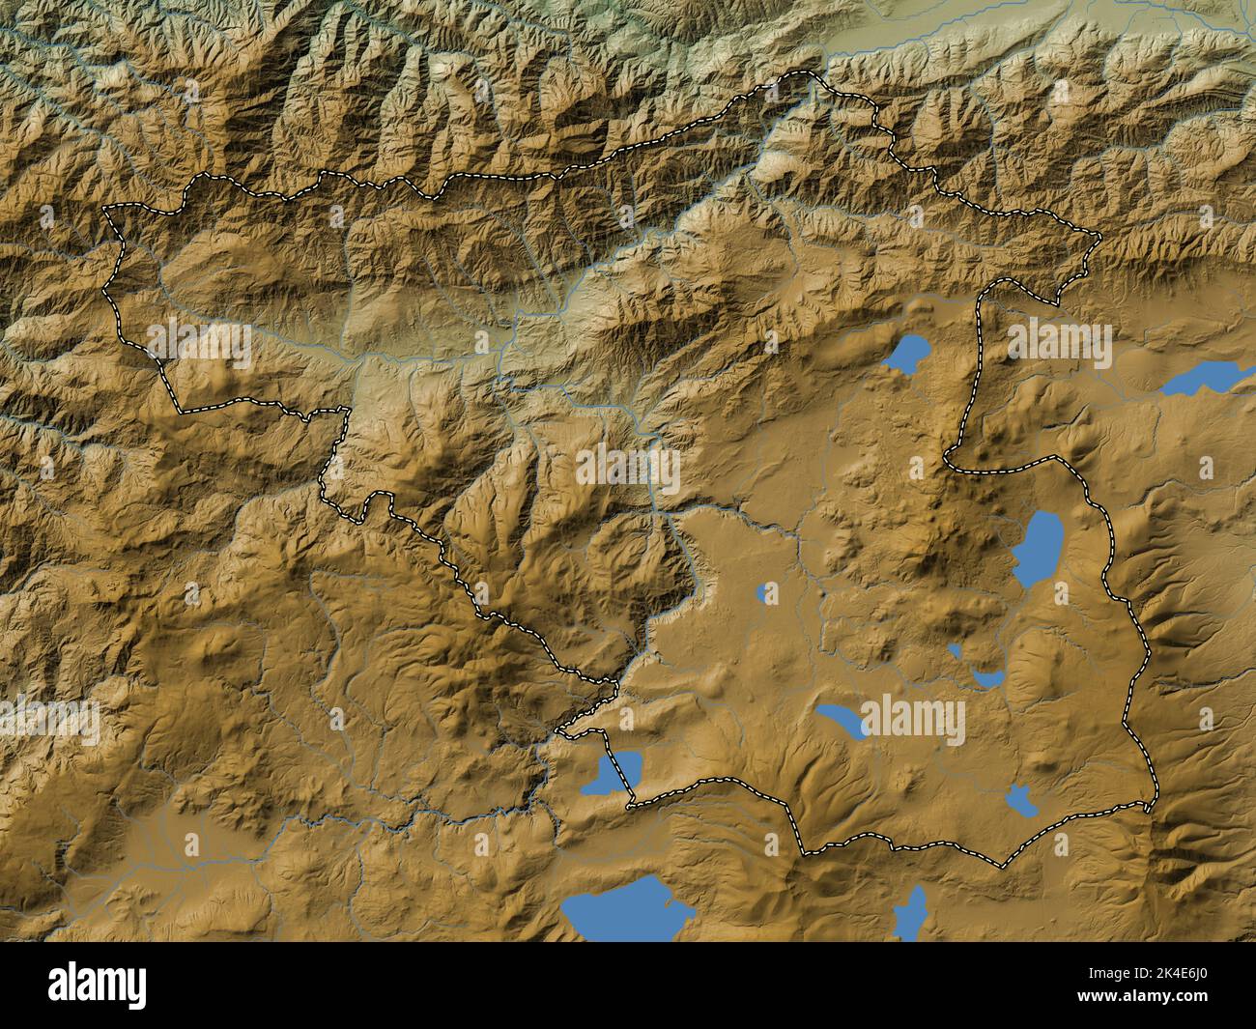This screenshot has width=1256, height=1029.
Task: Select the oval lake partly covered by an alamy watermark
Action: (840, 720)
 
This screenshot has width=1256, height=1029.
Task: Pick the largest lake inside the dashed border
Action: (1038, 538)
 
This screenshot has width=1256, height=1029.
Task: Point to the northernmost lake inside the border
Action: (906, 357)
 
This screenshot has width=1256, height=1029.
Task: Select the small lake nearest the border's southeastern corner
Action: (1018, 800)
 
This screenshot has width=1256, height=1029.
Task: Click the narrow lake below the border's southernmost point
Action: (910, 912)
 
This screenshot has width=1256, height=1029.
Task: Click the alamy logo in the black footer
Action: (98, 985)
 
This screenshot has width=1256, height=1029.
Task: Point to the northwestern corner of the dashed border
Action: (106, 208)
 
